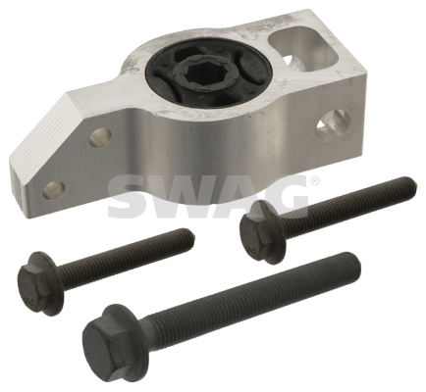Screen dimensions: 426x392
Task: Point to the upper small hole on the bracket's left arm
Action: coord(99,137)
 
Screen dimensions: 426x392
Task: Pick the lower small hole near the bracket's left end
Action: coord(53,189)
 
